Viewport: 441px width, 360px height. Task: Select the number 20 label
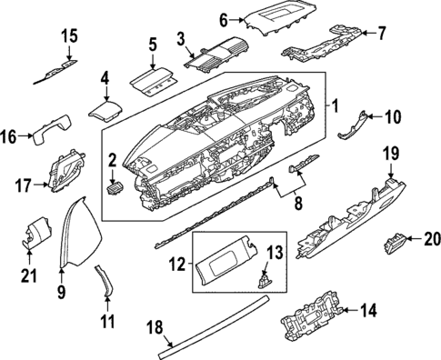click(x=431, y=240)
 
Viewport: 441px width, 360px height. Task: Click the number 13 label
click(x=276, y=252)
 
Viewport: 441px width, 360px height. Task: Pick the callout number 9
click(x=62, y=293)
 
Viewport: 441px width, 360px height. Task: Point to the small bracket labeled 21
click(x=30, y=233)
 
